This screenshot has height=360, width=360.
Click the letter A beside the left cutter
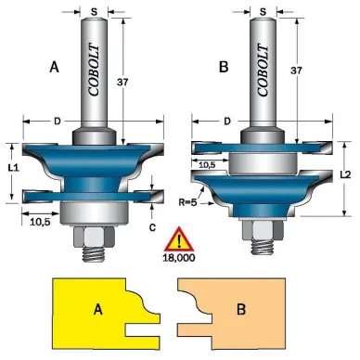click(54, 67)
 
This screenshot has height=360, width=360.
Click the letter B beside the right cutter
click(224, 67)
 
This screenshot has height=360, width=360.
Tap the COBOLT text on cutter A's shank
click(94, 71)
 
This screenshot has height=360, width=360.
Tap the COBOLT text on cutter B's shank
click(263, 71)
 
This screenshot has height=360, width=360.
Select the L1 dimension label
click(14, 168)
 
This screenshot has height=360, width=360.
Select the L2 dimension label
click(345, 174)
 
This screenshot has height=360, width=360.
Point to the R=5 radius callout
click(188, 203)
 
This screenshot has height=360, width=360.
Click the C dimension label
click(152, 227)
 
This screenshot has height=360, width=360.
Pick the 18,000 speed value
click(179, 258)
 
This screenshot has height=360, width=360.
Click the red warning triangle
click(179, 239)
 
